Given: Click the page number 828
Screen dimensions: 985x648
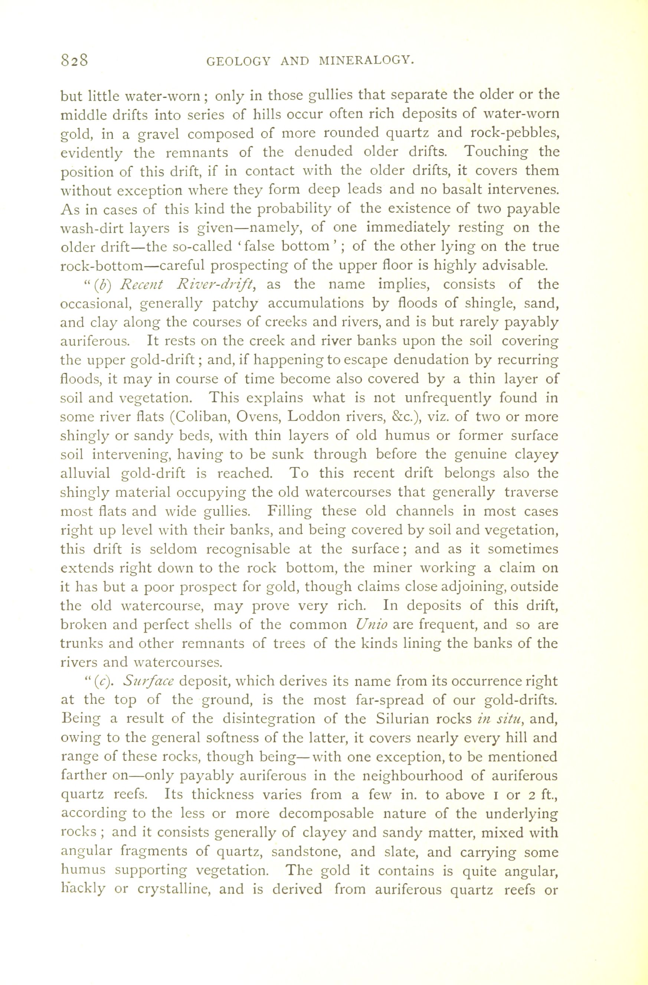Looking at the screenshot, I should [75, 61].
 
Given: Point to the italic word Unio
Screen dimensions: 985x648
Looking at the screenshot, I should [371, 624].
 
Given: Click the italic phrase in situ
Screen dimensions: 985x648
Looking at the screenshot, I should [499, 719].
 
